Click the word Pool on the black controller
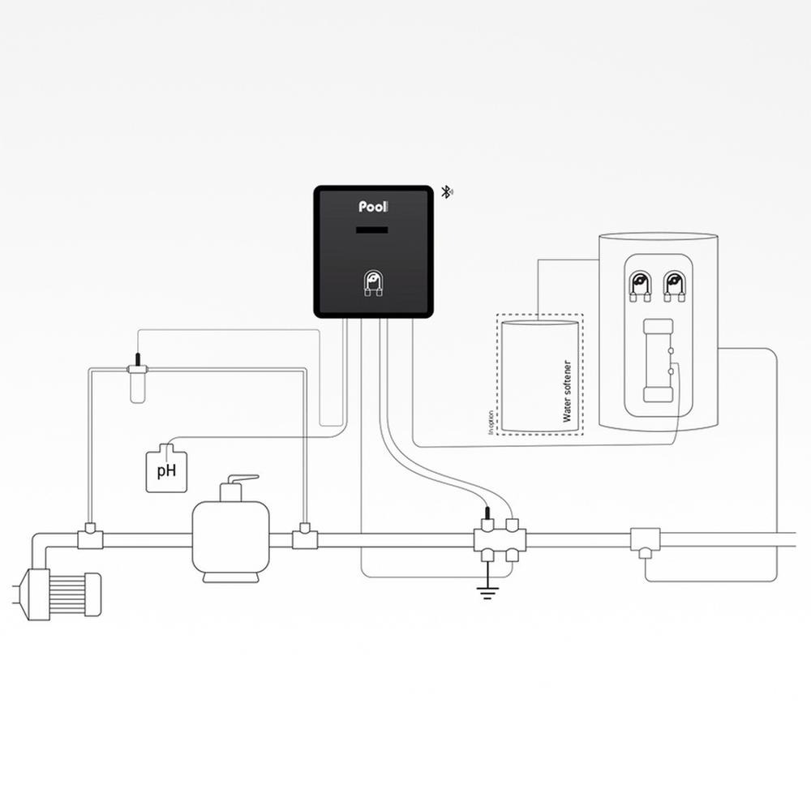pos(374,208)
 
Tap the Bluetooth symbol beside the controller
pos(446,192)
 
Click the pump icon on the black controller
pos(374,283)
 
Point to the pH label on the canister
pos(166,470)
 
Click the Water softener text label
pos(567,392)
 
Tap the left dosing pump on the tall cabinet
pos(640,283)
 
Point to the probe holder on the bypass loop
pos(137,380)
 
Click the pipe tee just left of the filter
pos(90,538)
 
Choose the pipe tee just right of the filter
pos(304,538)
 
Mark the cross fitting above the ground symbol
pos(500,539)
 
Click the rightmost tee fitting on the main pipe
pos(646,539)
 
